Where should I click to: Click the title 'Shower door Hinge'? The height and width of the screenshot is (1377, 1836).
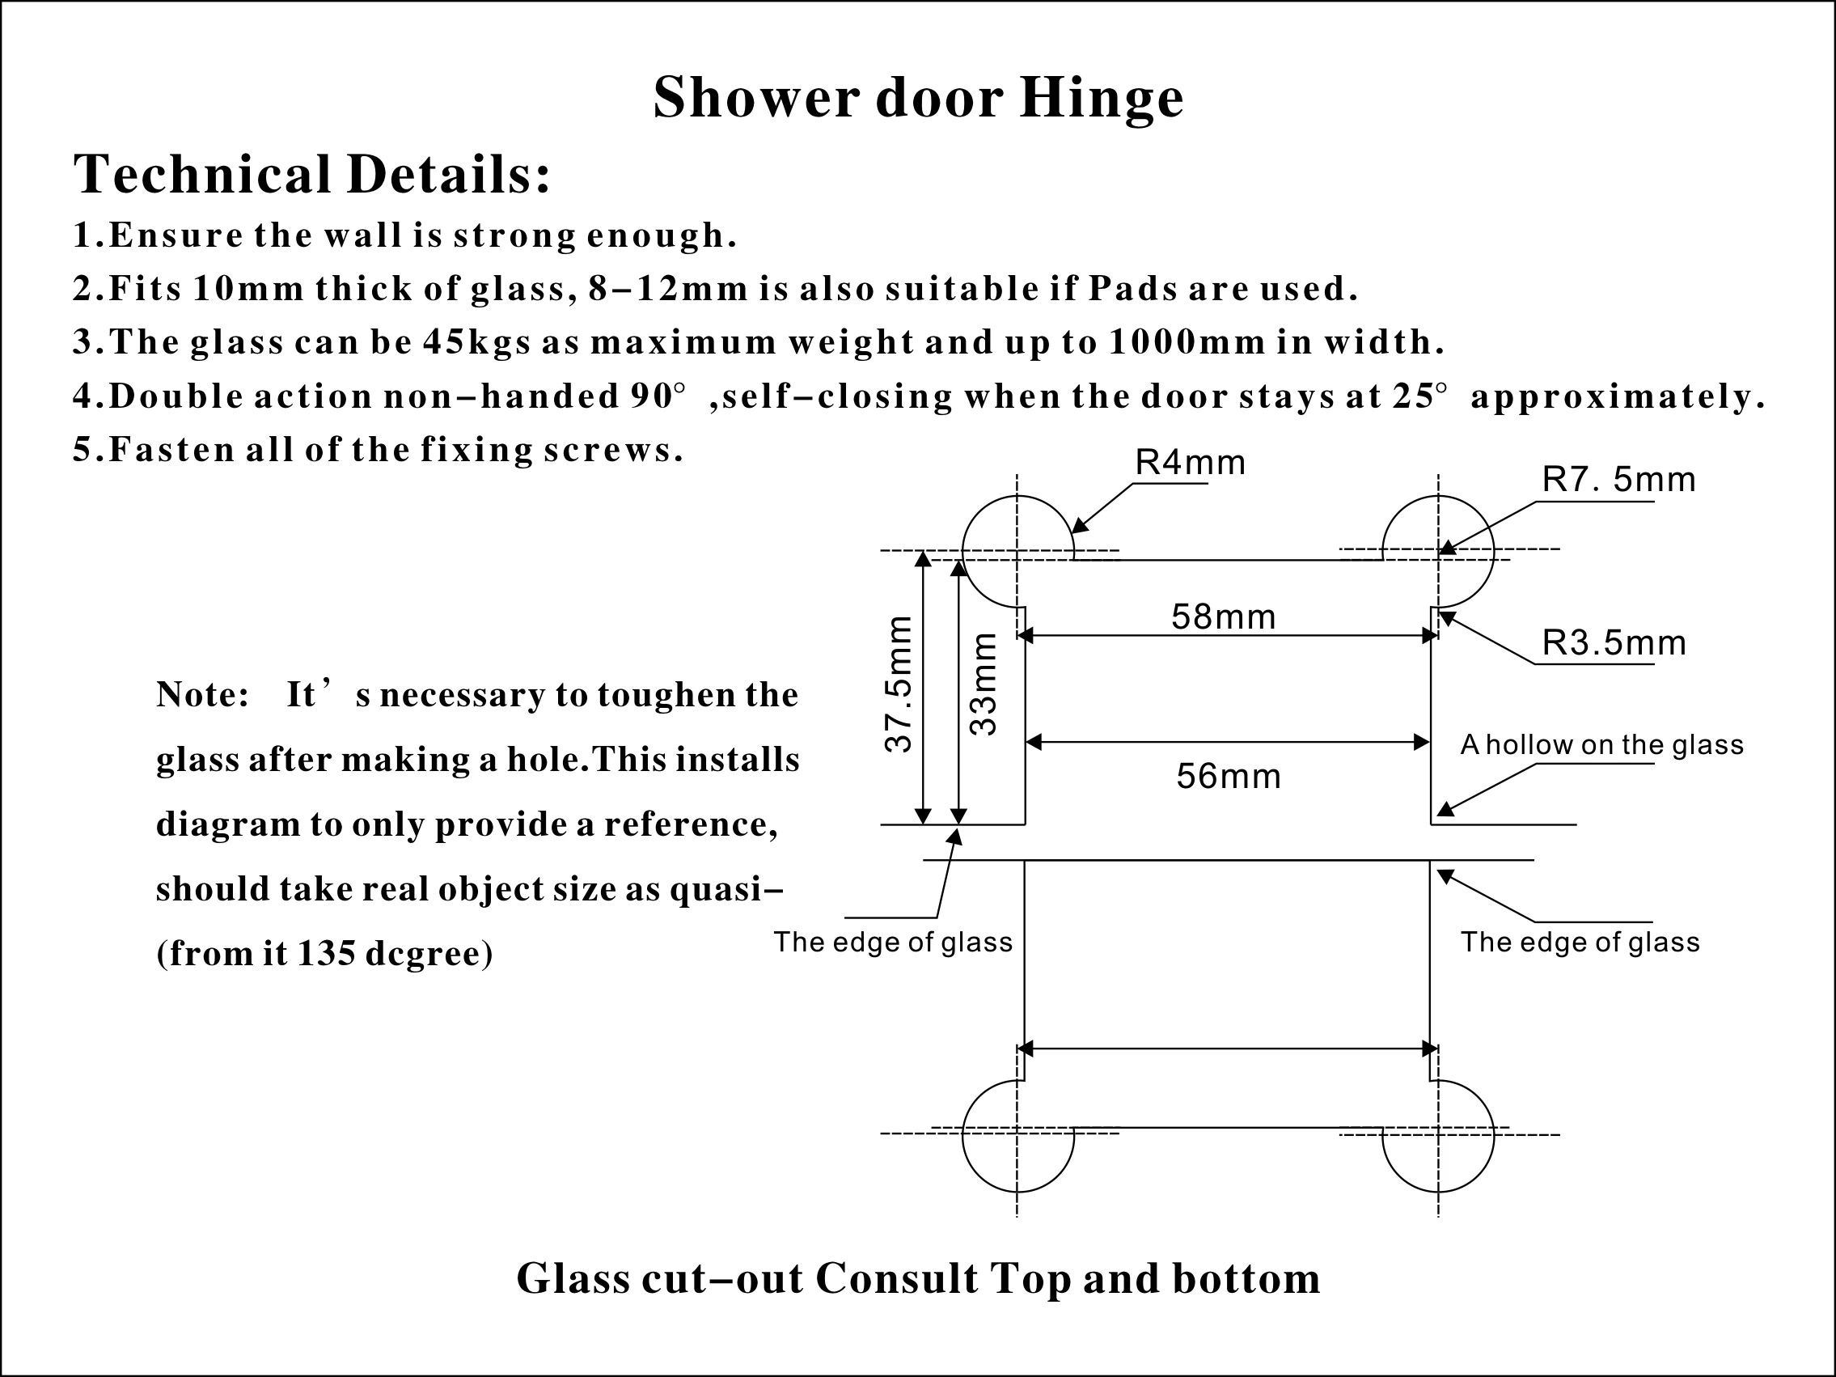(918, 98)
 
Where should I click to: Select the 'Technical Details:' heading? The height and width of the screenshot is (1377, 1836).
(312, 174)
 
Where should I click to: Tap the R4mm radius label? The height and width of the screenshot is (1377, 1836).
(1191, 463)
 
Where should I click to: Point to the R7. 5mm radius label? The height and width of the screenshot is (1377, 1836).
(1618, 481)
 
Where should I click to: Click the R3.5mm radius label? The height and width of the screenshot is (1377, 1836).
(1614, 643)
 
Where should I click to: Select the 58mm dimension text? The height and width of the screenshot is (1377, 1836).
(1223, 616)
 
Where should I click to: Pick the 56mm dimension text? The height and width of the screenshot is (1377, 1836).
(1229, 776)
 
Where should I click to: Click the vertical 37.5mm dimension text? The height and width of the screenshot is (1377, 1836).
(899, 684)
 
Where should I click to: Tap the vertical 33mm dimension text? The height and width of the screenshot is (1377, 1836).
(984, 684)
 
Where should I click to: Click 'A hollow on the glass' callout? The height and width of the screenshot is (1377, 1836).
(1601, 745)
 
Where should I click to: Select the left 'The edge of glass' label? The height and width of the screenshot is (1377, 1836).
(893, 942)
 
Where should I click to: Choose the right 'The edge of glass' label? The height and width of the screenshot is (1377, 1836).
(1580, 942)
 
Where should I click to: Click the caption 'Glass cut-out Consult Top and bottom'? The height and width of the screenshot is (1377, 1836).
(918, 1278)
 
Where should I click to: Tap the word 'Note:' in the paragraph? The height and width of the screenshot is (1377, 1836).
(202, 695)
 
